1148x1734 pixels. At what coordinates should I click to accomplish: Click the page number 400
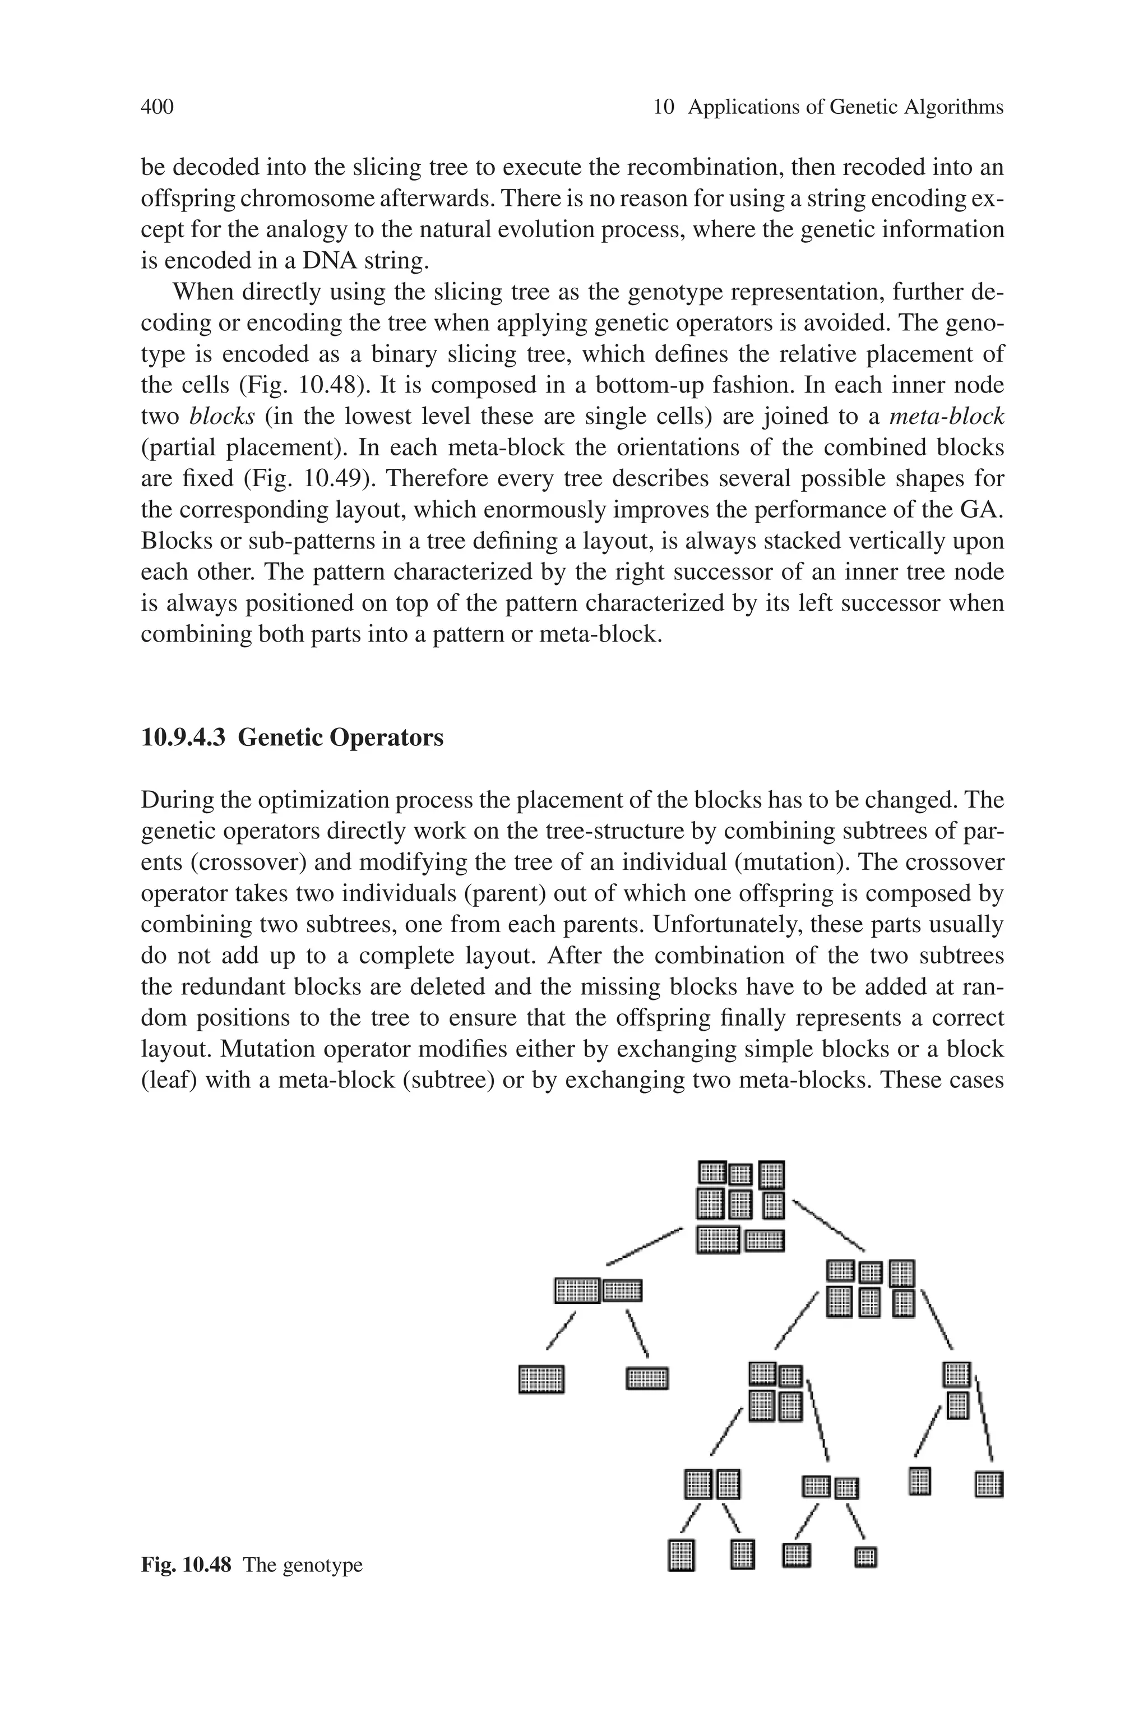tap(157, 108)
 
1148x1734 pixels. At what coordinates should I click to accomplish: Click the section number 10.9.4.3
tap(183, 737)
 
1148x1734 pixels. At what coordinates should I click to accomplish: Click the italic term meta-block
tap(946, 417)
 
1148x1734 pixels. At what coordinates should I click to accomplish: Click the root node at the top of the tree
tap(741, 1207)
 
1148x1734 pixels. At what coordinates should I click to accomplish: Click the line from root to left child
tap(644, 1246)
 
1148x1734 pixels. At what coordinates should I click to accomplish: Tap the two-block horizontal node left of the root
tap(598, 1290)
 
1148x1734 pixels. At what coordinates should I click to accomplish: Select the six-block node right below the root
tap(871, 1289)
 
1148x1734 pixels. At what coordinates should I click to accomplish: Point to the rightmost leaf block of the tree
tap(989, 1485)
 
